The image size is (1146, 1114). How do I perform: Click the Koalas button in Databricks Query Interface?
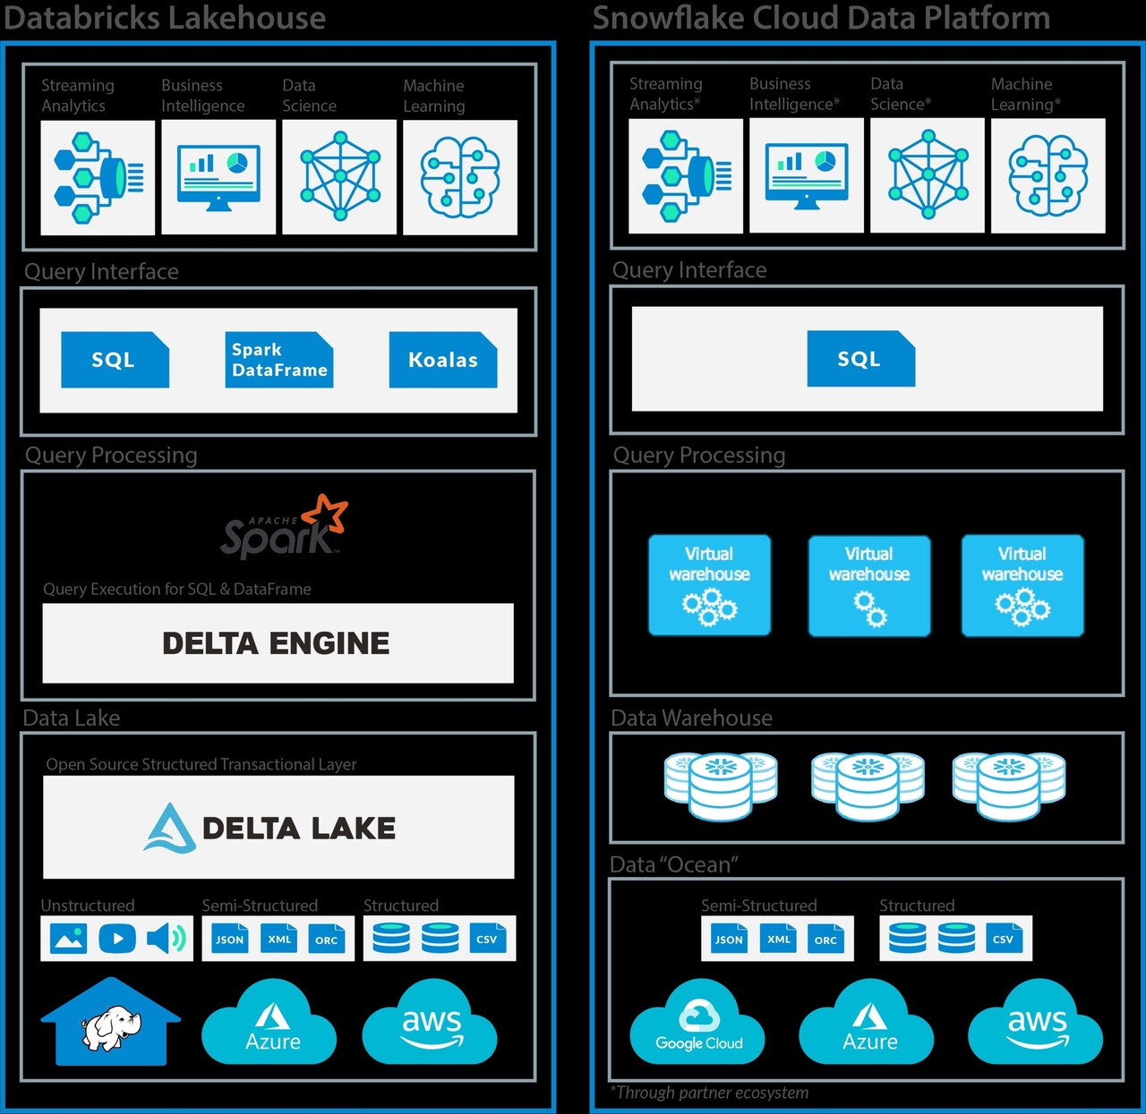(x=442, y=360)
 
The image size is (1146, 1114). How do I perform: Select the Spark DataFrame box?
(x=278, y=360)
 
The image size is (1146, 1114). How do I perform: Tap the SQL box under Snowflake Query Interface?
(x=860, y=359)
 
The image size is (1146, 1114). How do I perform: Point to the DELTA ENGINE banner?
(x=278, y=643)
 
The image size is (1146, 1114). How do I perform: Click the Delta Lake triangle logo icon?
(x=169, y=828)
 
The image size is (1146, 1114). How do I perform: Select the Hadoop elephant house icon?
(x=111, y=1023)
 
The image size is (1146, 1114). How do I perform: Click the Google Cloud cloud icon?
(x=698, y=1023)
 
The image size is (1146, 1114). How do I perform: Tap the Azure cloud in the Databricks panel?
(x=269, y=1023)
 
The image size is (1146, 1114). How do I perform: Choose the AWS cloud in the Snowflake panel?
(x=1036, y=1023)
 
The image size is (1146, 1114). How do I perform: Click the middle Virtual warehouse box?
(x=868, y=586)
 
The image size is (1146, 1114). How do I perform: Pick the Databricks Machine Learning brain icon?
(x=460, y=177)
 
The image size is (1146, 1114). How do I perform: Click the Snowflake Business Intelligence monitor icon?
(x=806, y=176)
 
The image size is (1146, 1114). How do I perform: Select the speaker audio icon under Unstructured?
(x=166, y=939)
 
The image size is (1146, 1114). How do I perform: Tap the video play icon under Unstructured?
(x=117, y=939)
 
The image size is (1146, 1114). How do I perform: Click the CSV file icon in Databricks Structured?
(x=487, y=939)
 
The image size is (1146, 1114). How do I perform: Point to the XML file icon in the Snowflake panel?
(x=778, y=939)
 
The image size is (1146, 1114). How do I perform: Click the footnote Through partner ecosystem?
(x=710, y=1093)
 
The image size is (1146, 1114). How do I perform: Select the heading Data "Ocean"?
(x=674, y=865)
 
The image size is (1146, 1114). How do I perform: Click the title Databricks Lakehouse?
(x=165, y=18)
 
